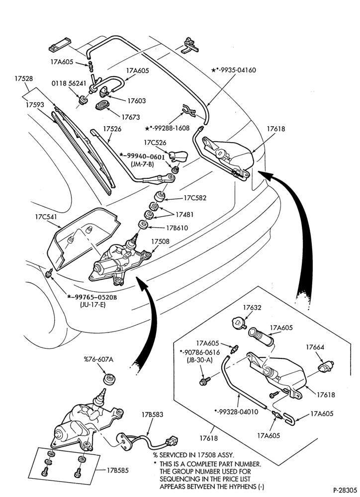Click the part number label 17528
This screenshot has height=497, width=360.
(23, 79)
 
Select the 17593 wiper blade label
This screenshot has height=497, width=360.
(35, 105)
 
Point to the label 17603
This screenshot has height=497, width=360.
(137, 101)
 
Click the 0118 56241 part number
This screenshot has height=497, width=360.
(69, 83)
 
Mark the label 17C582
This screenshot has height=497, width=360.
(195, 198)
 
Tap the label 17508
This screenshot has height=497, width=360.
(160, 242)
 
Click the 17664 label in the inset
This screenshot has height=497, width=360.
(315, 347)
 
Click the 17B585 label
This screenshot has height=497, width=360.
(118, 470)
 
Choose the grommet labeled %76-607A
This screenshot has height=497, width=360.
(109, 379)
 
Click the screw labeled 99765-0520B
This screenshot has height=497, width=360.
(49, 273)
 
